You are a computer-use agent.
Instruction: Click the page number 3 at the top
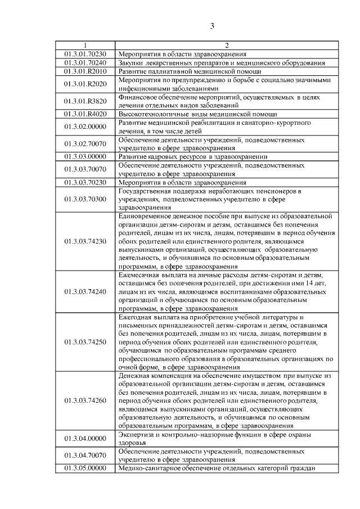point(213,26)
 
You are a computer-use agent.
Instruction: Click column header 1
point(85,46)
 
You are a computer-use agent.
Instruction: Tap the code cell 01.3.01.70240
point(85,62)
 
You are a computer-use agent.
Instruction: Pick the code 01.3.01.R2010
point(85,71)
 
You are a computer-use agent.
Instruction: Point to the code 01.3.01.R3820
point(85,101)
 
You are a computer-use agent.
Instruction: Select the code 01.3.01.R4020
point(85,114)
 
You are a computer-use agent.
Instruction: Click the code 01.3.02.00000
point(85,127)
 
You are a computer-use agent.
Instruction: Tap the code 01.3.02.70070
point(85,143)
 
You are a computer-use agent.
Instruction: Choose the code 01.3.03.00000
point(85,156)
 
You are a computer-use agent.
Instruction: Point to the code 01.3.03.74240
point(85,292)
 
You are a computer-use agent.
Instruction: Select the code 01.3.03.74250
point(85,342)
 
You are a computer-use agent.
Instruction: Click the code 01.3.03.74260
point(85,400)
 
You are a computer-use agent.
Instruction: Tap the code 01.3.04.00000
point(85,439)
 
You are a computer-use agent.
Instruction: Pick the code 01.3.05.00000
point(85,469)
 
